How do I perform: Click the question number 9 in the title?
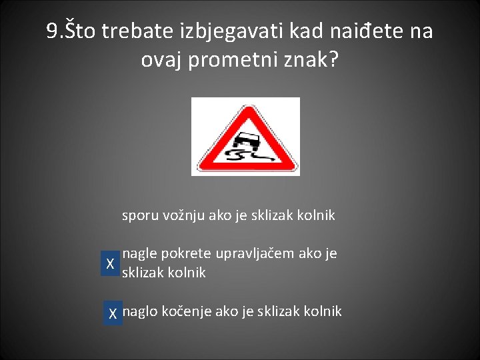pos(53,31)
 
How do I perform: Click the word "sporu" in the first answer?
pos(137,216)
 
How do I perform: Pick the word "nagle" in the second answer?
pos(138,254)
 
